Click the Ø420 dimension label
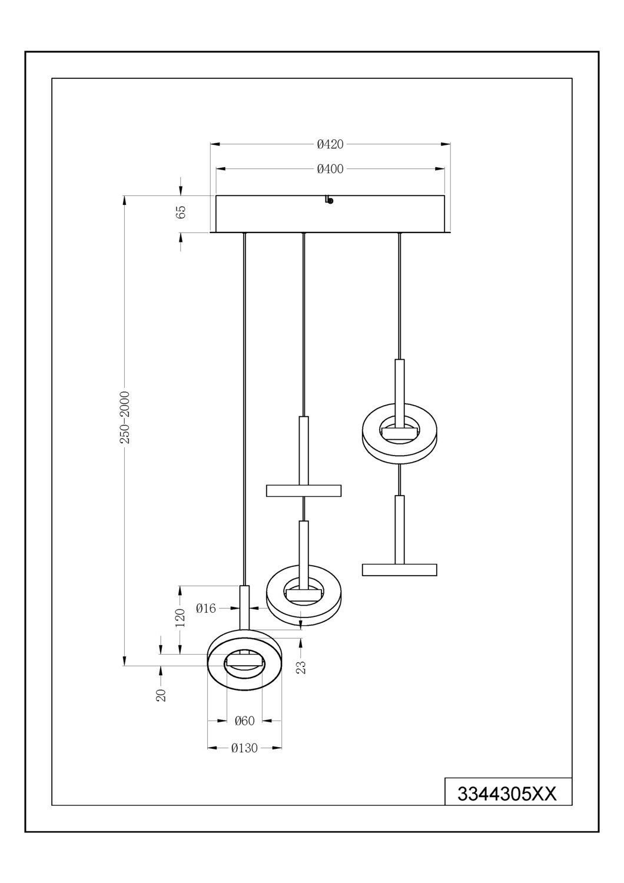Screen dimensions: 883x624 tap(330, 144)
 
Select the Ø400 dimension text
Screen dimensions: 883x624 tap(330, 169)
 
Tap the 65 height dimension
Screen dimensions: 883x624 tap(181, 213)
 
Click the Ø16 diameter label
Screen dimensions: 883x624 tap(206, 608)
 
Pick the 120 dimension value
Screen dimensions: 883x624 tap(181, 618)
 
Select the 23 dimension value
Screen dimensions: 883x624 tap(301, 667)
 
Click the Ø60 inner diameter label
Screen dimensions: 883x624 tap(244, 721)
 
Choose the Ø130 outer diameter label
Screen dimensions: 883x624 tap(244, 748)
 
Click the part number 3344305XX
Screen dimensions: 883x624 tap(507, 794)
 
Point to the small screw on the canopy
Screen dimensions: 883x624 tap(329, 200)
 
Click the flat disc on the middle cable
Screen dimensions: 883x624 tap(303, 490)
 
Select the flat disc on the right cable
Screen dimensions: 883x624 tap(399, 569)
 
